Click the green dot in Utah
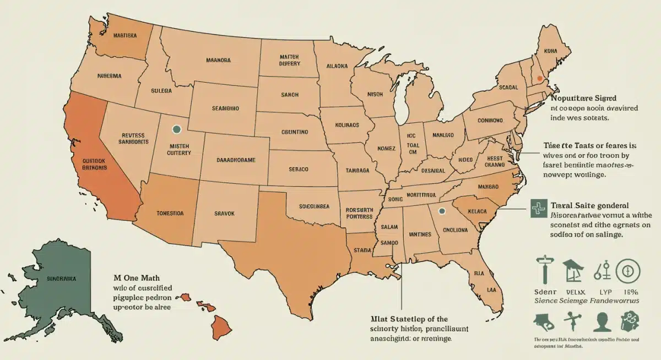pos(176,130)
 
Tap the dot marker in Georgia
pos(441,211)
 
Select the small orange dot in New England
pos(540,79)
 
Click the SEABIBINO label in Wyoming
pos(225,109)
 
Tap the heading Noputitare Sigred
pos(586,97)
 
